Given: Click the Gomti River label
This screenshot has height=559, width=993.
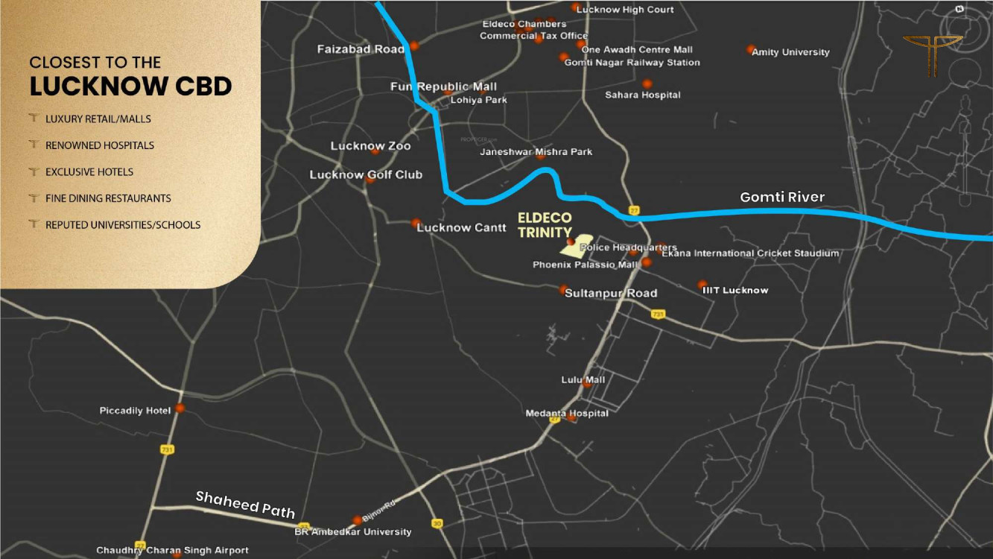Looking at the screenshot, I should point(782,198).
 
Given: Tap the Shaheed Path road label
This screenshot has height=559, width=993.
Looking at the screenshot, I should point(245,505).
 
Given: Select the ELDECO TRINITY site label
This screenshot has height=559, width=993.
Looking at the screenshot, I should point(545,225).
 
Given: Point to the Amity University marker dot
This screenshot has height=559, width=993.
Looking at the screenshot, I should point(750,49).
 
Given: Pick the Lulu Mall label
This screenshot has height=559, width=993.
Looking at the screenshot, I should point(583,380).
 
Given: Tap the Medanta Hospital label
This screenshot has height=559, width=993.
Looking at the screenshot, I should point(567,414).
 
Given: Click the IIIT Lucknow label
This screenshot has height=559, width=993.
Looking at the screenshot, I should point(735,290).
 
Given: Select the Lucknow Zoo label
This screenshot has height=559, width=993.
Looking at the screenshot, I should point(370,146).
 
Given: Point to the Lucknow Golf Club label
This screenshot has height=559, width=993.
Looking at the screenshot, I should point(366,174).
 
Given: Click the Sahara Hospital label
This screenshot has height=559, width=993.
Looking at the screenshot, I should point(642,95).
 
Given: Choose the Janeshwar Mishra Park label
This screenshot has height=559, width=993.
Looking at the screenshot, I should point(536,152).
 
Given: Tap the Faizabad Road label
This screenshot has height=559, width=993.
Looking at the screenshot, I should point(361,49).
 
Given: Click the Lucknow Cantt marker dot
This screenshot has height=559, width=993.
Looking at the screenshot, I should point(416,222).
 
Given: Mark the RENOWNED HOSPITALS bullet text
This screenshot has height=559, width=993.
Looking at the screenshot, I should point(100,145).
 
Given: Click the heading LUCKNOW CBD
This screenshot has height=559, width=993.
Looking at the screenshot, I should point(130,86).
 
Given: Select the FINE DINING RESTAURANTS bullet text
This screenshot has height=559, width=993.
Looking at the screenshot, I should point(108,198).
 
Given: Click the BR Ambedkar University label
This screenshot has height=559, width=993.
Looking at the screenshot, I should point(352,532).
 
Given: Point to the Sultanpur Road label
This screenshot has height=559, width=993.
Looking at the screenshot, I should point(611,293).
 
